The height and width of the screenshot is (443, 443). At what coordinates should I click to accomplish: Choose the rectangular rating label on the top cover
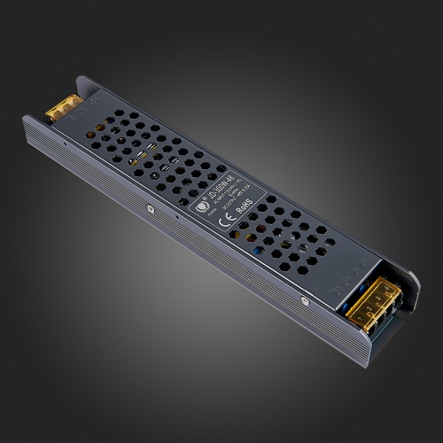(226, 199)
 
